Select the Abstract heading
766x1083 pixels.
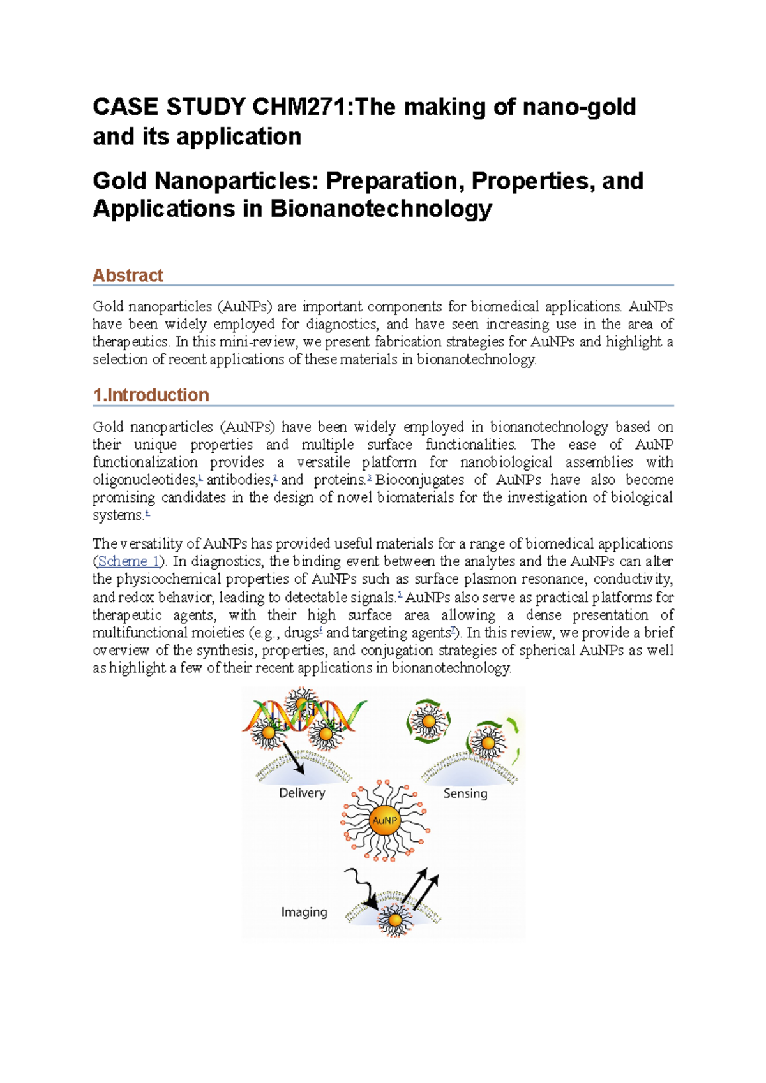[128, 276]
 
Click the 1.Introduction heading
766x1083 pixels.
[151, 395]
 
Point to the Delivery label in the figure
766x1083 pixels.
[302, 793]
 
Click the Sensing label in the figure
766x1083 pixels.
[465, 793]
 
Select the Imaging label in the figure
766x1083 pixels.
[304, 912]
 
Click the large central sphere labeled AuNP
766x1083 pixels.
[385, 820]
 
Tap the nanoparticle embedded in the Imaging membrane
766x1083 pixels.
[394, 920]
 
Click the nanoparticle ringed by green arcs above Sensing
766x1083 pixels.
[428, 721]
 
